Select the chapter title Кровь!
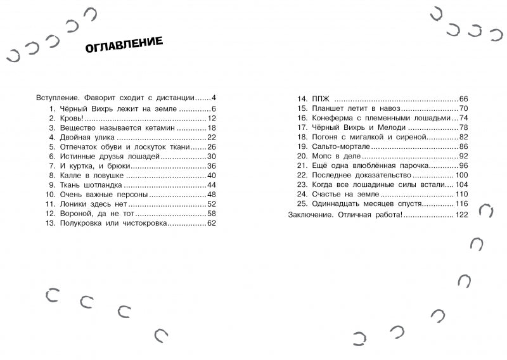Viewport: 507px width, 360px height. tap(75, 118)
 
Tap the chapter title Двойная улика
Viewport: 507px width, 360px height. tap(86, 137)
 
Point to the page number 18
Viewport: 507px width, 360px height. tap(212, 127)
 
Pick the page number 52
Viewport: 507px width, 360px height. tap(212, 204)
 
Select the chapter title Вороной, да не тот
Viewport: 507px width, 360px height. tap(96, 214)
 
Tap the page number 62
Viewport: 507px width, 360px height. tap(212, 223)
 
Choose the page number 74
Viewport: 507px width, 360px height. tap(463, 118)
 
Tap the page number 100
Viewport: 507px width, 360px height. tap(461, 175)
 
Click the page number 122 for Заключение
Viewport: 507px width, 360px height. tap(461, 215)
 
